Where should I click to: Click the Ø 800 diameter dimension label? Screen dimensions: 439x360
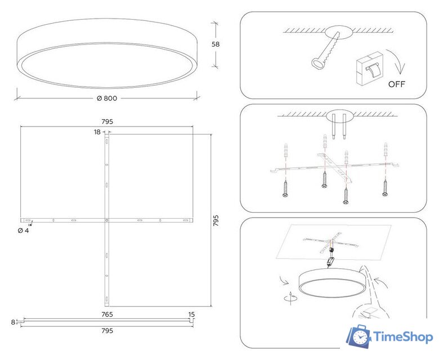pyautogui.click(x=107, y=98)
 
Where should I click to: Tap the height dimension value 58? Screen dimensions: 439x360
pyautogui.click(x=216, y=44)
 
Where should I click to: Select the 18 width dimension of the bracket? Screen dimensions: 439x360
pyautogui.click(x=97, y=132)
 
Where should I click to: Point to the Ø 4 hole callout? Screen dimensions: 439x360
pyautogui.click(x=23, y=231)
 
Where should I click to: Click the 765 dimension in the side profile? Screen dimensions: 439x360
pyautogui.click(x=107, y=314)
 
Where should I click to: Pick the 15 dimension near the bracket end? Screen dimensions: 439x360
pyautogui.click(x=191, y=314)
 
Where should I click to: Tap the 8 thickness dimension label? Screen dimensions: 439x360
pyautogui.click(x=13, y=322)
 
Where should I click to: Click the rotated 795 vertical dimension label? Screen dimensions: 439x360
pyautogui.click(x=216, y=220)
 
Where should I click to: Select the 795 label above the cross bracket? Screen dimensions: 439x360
pyautogui.click(x=107, y=121)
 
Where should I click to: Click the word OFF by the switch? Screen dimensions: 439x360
pyautogui.click(x=396, y=84)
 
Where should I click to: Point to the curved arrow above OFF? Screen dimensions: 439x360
pyautogui.click(x=397, y=61)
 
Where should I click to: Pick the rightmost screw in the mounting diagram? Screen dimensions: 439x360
pyautogui.click(x=386, y=188)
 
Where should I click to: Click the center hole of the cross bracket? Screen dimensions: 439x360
pyautogui.click(x=107, y=220)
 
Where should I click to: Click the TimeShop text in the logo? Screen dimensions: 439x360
pyautogui.click(x=403, y=337)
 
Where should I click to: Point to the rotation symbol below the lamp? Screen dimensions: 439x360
pyautogui.click(x=291, y=298)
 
